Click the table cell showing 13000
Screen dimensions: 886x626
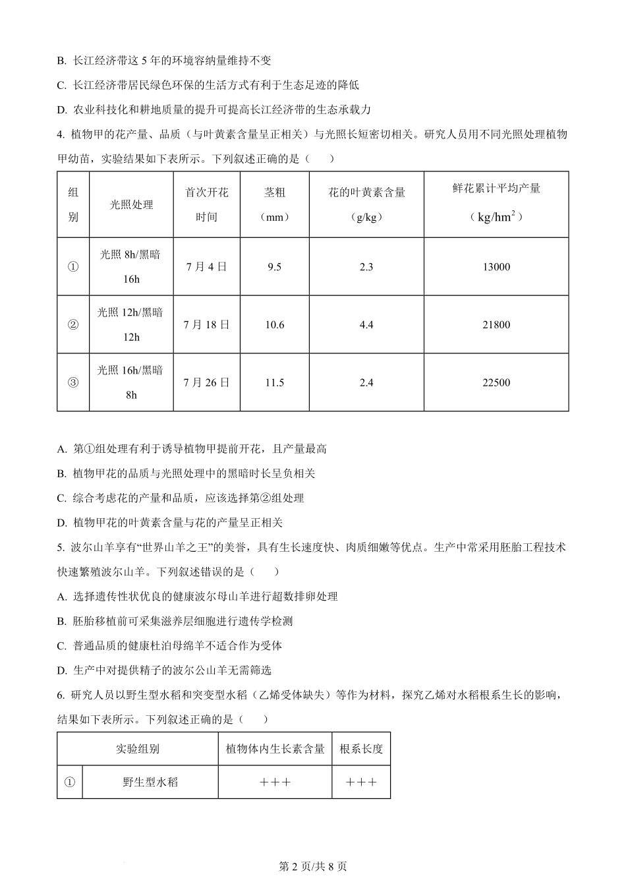496,267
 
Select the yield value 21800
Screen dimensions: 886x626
496,325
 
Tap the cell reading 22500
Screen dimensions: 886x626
496,383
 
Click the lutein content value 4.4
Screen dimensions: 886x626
366,325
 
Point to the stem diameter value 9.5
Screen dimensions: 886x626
274,267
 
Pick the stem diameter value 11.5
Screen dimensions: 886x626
274,383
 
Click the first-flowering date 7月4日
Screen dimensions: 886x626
206,267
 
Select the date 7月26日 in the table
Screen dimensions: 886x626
206,382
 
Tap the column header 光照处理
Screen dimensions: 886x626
131,205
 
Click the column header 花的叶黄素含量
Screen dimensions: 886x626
366,192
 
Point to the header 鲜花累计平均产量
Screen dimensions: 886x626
496,189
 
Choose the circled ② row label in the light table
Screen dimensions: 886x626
73,325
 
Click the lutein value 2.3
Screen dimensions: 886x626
366,267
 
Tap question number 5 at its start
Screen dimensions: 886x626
61,547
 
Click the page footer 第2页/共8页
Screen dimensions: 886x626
313,867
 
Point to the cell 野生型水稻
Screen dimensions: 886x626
150,783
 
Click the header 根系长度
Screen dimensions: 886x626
361,749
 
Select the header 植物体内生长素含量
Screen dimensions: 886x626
275,749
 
